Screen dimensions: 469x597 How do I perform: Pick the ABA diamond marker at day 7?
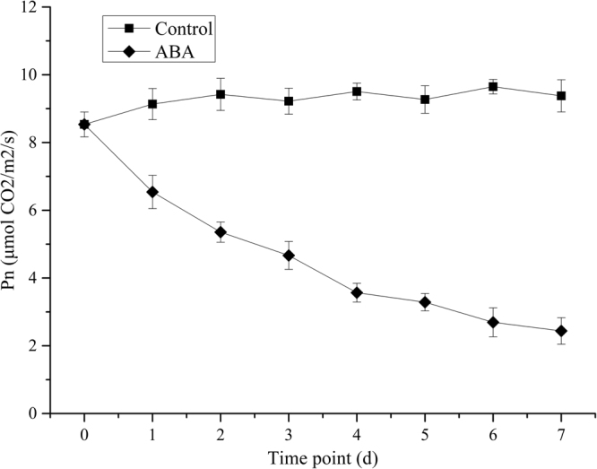[561, 331]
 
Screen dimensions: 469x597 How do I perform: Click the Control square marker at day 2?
[221, 94]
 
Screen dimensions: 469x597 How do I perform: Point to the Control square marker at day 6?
[493, 87]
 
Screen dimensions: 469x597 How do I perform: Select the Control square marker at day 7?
[561, 96]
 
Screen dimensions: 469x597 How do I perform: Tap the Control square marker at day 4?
[357, 91]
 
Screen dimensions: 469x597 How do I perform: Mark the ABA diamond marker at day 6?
[493, 322]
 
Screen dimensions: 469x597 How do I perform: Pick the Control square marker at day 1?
[152, 104]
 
